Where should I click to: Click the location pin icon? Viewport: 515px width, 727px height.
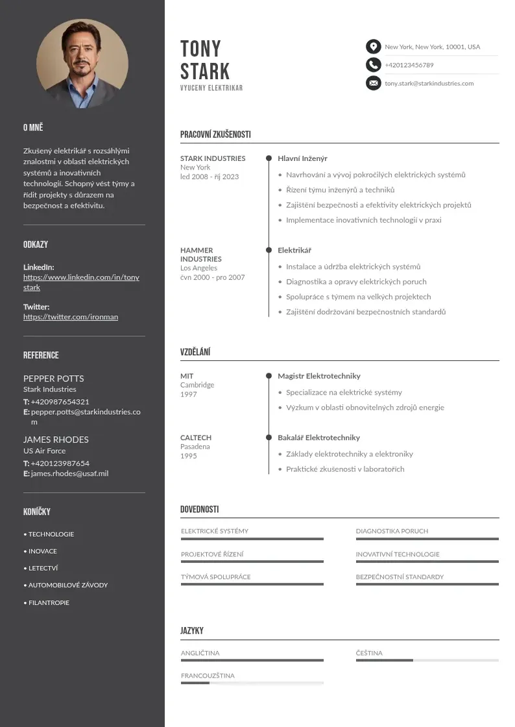373,47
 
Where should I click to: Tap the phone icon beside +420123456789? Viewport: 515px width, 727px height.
373,65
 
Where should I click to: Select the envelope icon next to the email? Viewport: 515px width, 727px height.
373,83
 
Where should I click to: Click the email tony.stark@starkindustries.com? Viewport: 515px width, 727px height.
429,84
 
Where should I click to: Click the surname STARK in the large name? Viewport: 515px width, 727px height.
205,71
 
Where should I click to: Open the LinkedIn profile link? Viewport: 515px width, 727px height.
81,282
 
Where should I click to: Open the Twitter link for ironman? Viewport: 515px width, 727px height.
71,317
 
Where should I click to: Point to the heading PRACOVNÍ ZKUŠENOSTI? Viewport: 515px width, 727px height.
215,135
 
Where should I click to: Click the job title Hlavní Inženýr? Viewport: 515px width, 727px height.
302,158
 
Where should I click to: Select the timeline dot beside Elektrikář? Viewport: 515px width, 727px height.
269,250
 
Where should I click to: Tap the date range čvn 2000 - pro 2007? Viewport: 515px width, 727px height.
212,278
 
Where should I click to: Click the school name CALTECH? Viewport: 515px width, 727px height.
196,437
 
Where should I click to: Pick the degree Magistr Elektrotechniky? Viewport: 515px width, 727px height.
319,376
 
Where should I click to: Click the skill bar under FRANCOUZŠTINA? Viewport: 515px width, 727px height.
252,683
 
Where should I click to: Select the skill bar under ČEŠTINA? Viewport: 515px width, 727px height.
427,660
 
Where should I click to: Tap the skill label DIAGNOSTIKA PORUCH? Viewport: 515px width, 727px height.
392,531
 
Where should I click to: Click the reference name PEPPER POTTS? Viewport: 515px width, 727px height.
53,378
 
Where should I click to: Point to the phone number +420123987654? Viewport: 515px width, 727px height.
60,463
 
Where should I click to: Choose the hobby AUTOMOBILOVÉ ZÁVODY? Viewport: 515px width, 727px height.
67,585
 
